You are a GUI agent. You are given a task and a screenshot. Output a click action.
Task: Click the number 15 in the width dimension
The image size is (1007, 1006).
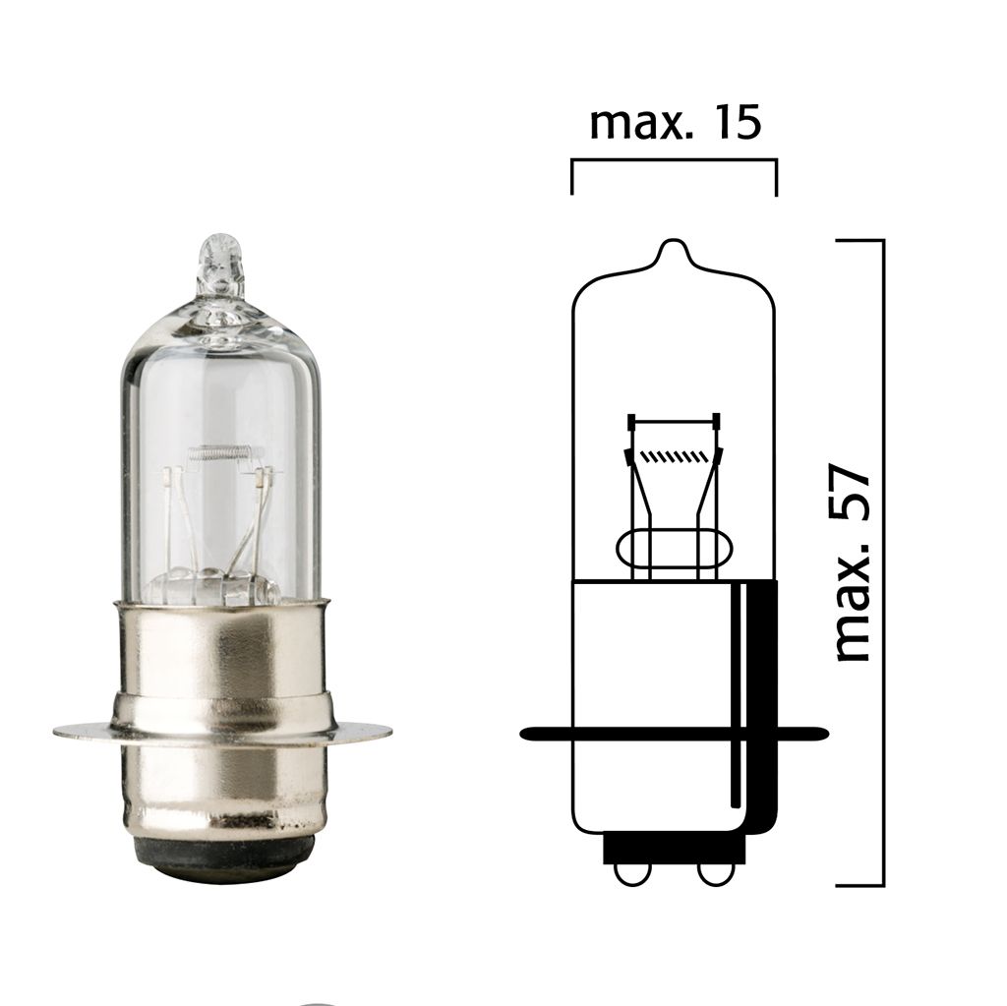point(732,124)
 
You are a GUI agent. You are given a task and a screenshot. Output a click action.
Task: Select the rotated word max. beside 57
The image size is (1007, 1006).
point(852,616)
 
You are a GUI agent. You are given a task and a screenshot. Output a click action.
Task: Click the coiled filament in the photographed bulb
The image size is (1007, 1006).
point(226,453)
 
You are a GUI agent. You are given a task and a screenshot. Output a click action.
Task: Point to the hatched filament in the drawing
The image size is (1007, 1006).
point(675,456)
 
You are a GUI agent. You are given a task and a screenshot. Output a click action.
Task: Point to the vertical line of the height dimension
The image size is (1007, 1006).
point(883,561)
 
